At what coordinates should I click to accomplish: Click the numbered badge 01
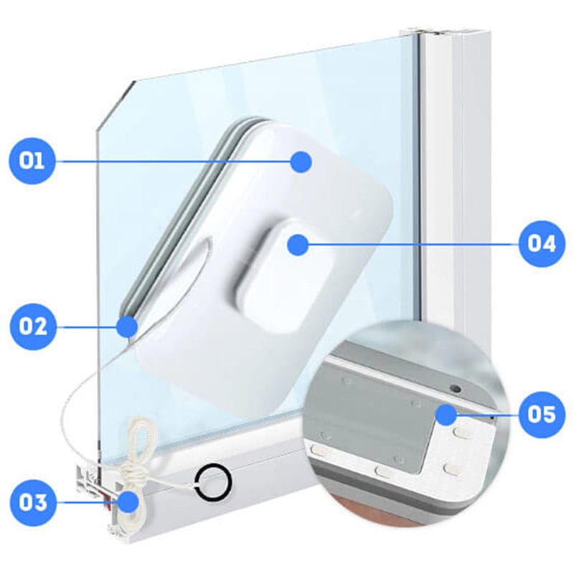[x=32, y=161]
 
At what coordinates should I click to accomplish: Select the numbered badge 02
[x=33, y=326]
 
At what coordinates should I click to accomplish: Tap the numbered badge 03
[x=33, y=502]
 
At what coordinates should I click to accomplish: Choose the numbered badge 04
[x=542, y=244]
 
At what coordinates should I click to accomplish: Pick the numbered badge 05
[x=542, y=415]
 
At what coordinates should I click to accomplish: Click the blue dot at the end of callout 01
[x=301, y=161]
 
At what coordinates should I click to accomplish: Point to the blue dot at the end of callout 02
[x=127, y=326]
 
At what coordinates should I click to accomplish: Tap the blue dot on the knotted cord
[x=128, y=502]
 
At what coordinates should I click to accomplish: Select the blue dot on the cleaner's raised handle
[x=298, y=245]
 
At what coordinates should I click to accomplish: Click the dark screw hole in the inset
[x=455, y=388]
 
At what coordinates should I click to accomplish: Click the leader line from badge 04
[x=414, y=244]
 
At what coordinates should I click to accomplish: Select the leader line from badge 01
[x=173, y=161]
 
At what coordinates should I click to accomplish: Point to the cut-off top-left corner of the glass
[x=116, y=105]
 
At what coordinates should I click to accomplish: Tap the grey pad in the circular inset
[x=370, y=418]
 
